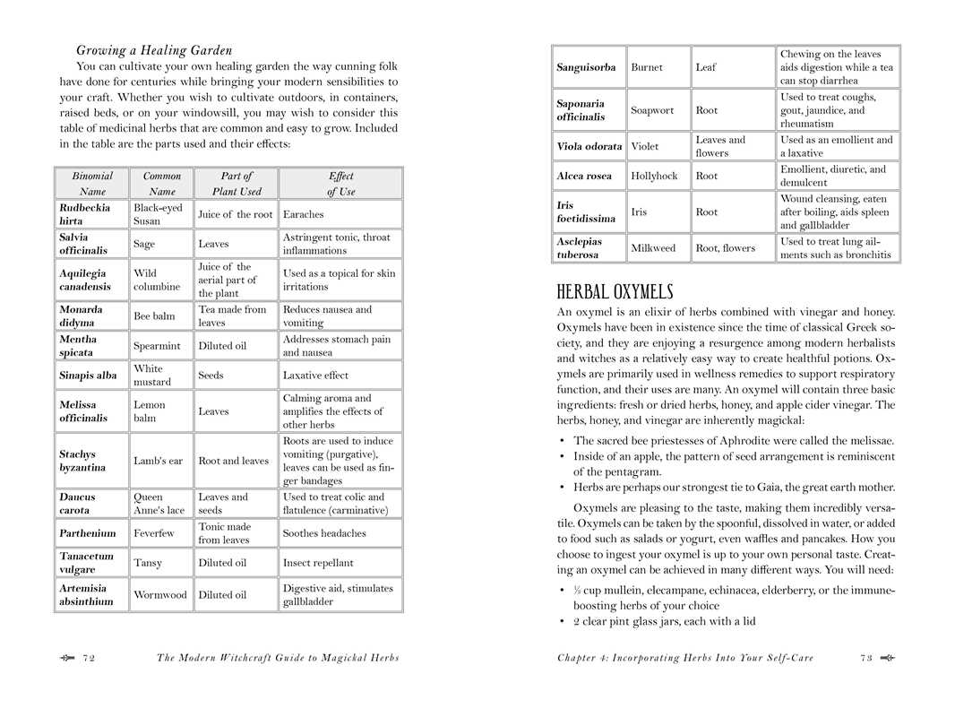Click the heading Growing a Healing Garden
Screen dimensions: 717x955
click(x=154, y=50)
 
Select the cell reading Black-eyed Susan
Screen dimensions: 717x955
click(x=159, y=214)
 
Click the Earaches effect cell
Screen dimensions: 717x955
click(x=304, y=214)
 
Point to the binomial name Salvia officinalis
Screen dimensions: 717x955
click(x=86, y=244)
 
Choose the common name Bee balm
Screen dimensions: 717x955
click(x=154, y=315)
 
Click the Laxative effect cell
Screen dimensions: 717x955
click(x=315, y=376)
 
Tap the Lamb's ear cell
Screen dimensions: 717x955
click(x=159, y=461)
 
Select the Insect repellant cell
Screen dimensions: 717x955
click(x=318, y=563)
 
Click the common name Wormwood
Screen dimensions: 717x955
click(x=160, y=594)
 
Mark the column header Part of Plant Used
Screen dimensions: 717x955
click(x=237, y=184)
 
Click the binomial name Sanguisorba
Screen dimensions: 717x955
click(x=586, y=67)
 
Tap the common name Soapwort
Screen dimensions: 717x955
click(x=652, y=110)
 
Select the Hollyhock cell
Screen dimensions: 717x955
click(x=654, y=176)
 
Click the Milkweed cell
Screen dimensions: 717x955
click(x=653, y=247)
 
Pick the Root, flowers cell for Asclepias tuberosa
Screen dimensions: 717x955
click(x=726, y=247)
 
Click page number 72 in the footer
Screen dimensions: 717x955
click(x=89, y=658)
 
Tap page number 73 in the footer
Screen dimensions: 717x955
click(x=865, y=658)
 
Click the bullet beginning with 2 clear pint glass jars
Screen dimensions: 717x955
click(x=664, y=621)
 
